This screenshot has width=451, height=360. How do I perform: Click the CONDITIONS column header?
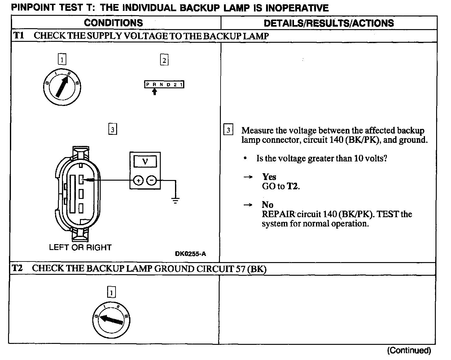(x=113, y=23)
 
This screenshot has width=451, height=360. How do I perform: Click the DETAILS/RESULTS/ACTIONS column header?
(x=329, y=23)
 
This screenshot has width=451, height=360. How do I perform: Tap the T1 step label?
(x=19, y=36)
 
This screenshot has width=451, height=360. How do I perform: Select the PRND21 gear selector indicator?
(x=164, y=84)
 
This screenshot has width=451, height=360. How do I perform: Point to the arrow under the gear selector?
(x=155, y=92)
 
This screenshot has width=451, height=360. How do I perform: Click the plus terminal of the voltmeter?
(x=138, y=180)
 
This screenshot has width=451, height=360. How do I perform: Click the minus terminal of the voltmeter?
(x=151, y=180)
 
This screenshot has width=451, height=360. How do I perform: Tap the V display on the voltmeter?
(x=145, y=161)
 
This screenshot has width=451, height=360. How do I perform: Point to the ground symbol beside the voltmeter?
(x=175, y=201)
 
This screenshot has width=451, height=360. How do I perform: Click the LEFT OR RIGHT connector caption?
(x=80, y=247)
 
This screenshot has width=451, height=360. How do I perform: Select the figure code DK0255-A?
(x=190, y=254)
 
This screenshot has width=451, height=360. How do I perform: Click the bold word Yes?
(x=269, y=177)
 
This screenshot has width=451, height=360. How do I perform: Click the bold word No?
(x=267, y=205)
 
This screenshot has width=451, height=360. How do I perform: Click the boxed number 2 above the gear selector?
(x=164, y=60)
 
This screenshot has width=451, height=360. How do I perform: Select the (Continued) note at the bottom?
(x=409, y=350)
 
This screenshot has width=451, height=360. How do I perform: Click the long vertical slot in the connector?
(x=73, y=194)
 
